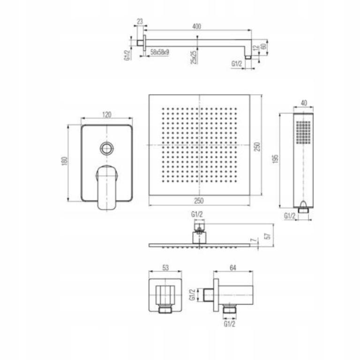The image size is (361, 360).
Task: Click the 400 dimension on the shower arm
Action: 196,26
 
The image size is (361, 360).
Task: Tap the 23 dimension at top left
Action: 140,22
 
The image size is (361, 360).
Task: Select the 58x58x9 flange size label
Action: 159,52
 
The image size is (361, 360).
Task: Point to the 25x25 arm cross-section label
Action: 194,57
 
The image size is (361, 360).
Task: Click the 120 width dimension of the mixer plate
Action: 106,114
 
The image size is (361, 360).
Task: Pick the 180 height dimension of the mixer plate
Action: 65,161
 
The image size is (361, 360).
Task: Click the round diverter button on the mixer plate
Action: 107,149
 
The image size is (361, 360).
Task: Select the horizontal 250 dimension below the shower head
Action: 199,201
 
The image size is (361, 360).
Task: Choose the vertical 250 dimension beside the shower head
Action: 257,147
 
